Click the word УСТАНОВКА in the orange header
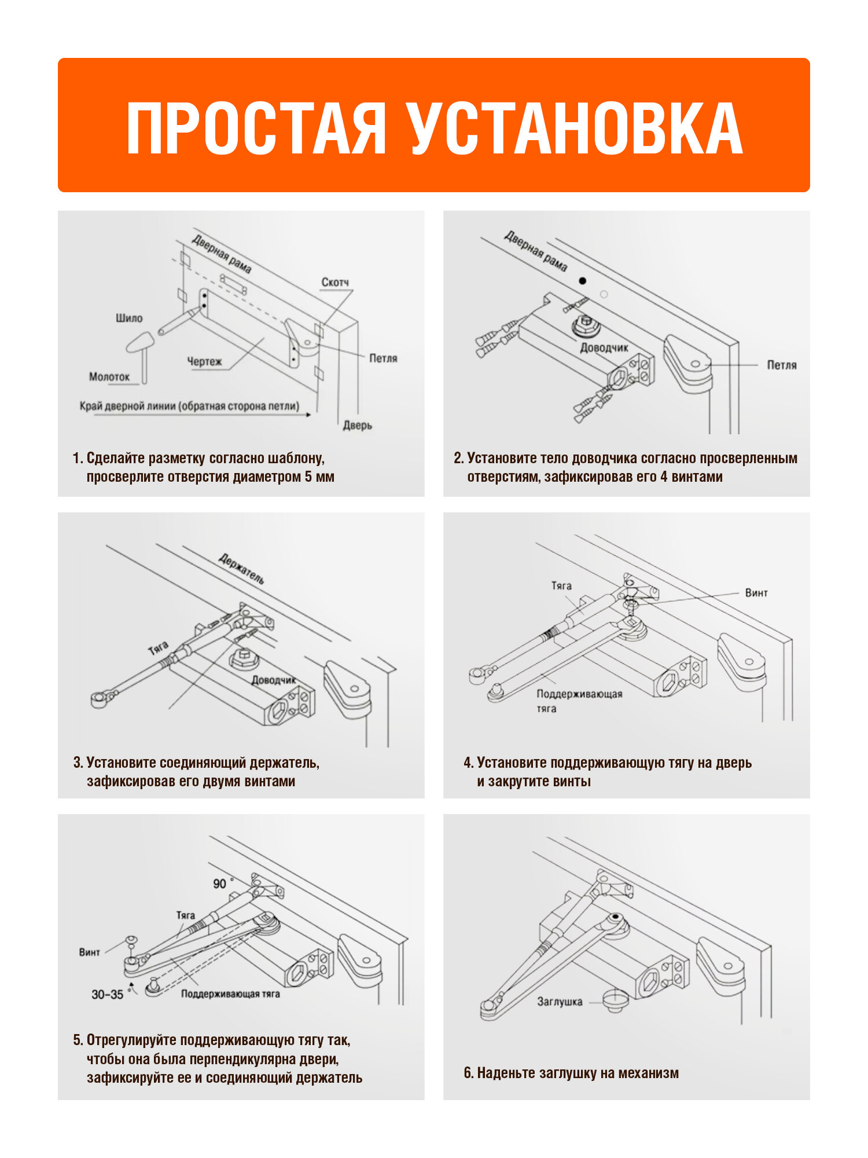coord(576,128)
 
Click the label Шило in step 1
coord(129,318)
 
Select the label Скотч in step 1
coord(336,282)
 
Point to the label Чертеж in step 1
coord(204,361)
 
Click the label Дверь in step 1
coord(358,426)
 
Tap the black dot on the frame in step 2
coord(583,281)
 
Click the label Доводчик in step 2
coord(604,347)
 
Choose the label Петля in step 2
coord(782,365)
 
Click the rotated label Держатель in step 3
coord(242,569)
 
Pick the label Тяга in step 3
coord(158,648)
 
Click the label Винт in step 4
coord(756,593)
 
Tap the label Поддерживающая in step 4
coord(579,694)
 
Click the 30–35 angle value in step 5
coord(108,995)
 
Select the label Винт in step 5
coord(90,952)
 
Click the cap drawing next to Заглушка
coord(615,1001)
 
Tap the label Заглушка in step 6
coord(560,1002)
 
